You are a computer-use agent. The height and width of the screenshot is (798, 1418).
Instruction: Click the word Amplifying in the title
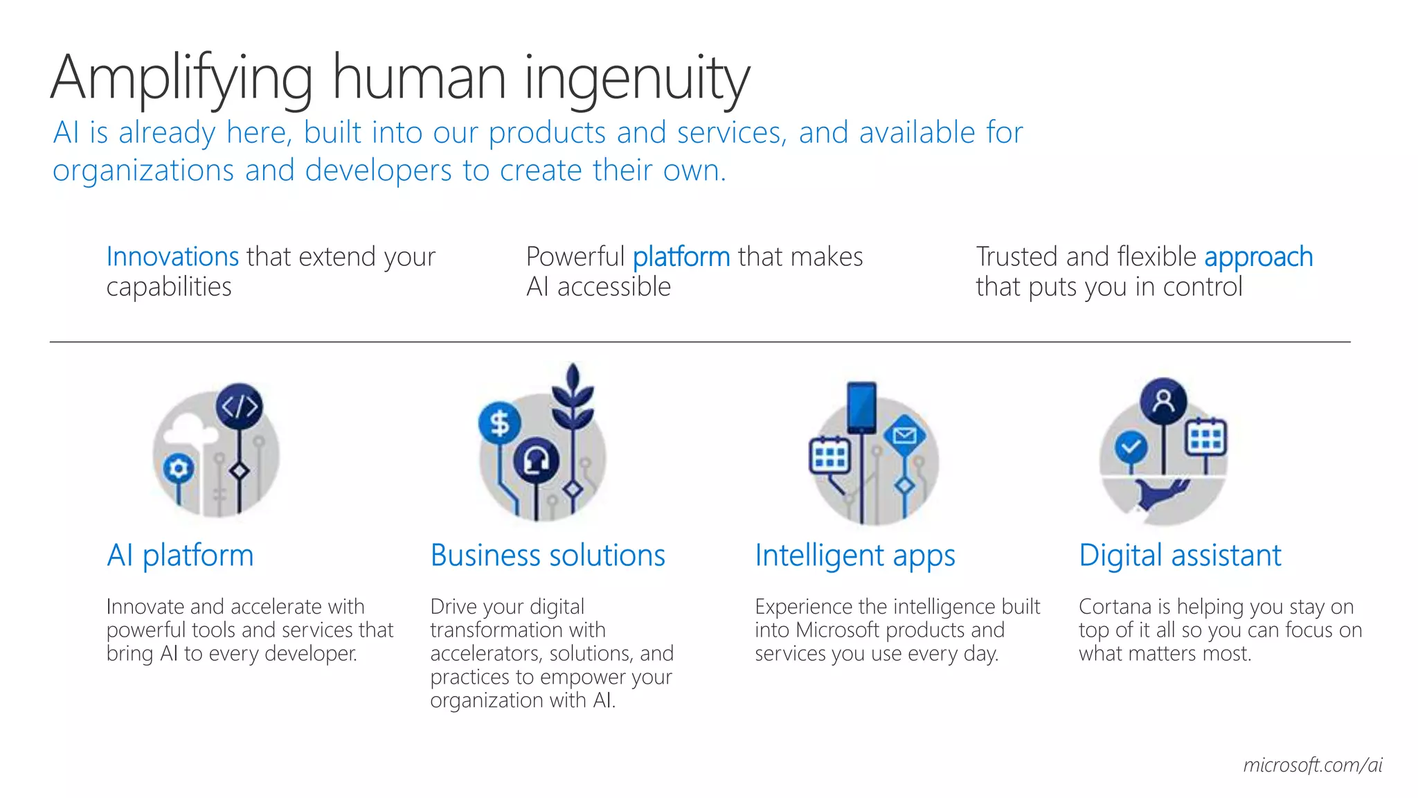coord(181,79)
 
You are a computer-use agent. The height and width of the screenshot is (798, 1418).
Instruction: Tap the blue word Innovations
coord(172,257)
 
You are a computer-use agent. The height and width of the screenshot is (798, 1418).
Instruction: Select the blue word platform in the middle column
coord(681,257)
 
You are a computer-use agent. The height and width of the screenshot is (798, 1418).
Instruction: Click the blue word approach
coord(1258,257)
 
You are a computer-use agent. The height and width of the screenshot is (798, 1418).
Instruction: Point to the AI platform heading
coord(180,556)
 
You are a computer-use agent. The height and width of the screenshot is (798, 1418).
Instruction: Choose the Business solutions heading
coord(547,556)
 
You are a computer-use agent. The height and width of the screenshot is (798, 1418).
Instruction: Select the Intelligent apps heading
coord(854,556)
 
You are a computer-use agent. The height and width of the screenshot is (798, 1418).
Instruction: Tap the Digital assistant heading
coord(1180,556)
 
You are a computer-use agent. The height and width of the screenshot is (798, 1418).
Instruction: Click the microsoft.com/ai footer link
coord(1312,765)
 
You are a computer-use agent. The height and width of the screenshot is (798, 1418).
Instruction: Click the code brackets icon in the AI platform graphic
coord(240,407)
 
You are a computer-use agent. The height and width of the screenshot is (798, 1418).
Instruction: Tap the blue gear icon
coord(179,469)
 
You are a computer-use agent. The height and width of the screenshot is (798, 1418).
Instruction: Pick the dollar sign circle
coord(499,423)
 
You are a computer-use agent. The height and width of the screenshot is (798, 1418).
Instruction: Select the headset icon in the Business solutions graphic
coord(536,459)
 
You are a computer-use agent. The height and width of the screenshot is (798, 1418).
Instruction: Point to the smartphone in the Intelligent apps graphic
coord(861,407)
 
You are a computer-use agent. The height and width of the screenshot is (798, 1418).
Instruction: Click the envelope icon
coord(904,436)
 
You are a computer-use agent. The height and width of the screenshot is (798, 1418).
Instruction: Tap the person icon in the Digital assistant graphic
coord(1163,400)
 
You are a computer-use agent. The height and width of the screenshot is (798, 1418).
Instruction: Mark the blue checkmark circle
coord(1131,447)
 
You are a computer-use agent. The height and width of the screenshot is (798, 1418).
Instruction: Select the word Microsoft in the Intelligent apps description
coord(838,630)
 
